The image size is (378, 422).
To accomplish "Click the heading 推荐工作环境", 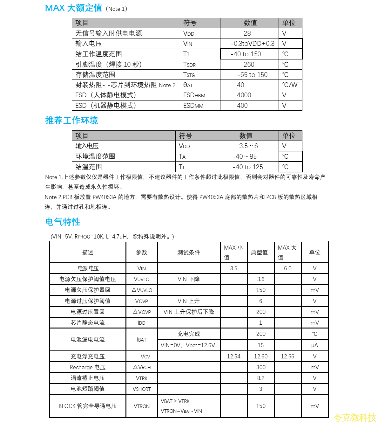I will click(71, 121).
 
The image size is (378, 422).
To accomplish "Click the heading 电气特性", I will click(63, 222).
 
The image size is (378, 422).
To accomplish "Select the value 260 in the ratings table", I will click(249, 65).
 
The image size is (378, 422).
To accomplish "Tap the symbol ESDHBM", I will click(194, 95).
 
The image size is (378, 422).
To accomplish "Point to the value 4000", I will click(244, 95).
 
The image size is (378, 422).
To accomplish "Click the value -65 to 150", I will click(252, 75).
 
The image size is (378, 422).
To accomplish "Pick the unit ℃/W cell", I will click(290, 85).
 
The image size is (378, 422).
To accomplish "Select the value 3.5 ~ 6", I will click(248, 146).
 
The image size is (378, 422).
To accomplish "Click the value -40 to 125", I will click(248, 167).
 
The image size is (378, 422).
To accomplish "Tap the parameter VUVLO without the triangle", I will click(142, 279).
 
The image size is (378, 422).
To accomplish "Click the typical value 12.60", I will click(260, 356).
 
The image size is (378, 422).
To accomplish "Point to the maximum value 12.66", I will click(287, 356).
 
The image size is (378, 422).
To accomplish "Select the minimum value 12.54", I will click(233, 356).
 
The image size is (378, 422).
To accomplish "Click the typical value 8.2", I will click(260, 378).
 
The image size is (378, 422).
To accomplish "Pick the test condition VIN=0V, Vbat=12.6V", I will click(188, 345).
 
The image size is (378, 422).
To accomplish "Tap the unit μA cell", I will click(314, 345).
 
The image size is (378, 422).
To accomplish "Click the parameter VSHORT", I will click(142, 389).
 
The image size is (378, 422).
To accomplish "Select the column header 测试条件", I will click(189, 253).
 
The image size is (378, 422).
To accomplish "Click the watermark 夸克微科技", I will click(354, 417).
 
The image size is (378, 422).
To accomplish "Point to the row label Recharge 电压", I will click(88, 367).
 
